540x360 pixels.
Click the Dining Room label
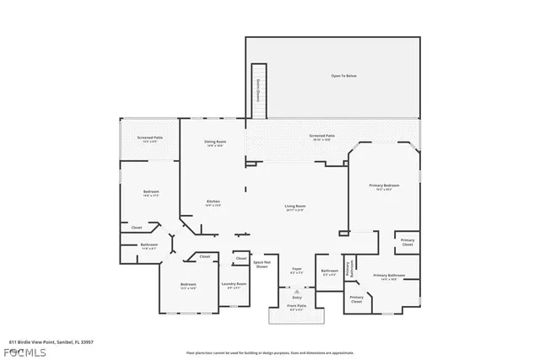click(214, 143)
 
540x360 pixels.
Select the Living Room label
click(294, 207)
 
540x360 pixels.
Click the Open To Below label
click(343, 76)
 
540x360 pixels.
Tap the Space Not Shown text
click(261, 264)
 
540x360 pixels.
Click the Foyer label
click(297, 271)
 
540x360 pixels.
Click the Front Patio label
click(297, 308)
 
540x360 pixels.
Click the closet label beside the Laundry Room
click(240, 258)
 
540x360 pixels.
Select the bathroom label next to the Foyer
click(329, 272)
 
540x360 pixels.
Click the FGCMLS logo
click(26, 348)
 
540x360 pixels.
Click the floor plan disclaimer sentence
click(270, 341)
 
